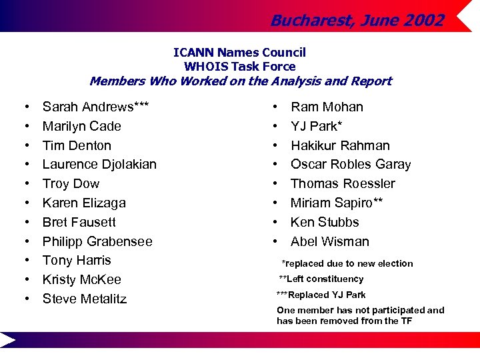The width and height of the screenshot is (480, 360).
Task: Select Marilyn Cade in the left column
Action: click(x=81, y=126)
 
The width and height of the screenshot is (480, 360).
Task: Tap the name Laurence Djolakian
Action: click(x=99, y=164)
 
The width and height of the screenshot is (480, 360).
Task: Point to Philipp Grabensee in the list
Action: click(x=97, y=241)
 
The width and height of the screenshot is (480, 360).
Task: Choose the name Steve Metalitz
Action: click(x=85, y=299)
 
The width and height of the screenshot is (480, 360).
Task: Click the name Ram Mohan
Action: click(x=327, y=107)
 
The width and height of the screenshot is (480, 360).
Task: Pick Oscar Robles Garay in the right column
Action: click(x=351, y=164)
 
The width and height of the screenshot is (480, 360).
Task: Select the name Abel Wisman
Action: click(x=330, y=241)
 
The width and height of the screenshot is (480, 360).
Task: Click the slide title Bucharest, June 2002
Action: click(x=357, y=21)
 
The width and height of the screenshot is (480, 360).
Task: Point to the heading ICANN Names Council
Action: click(x=239, y=52)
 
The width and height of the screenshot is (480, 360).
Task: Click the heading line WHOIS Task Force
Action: click(x=239, y=66)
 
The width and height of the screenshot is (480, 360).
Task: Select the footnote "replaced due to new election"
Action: click(x=347, y=263)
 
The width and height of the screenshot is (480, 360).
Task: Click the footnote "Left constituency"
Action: click(x=321, y=279)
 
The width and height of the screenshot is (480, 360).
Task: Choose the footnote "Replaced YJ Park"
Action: click(x=321, y=295)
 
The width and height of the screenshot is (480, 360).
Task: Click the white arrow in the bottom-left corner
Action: click(x=8, y=341)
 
